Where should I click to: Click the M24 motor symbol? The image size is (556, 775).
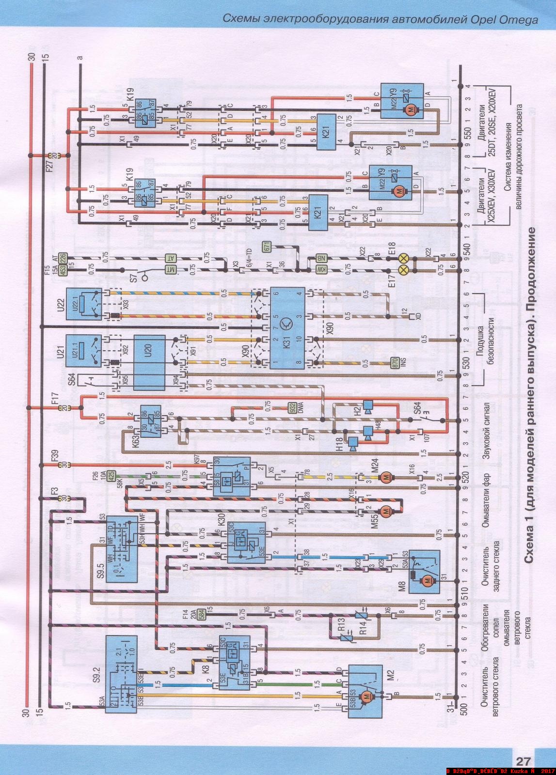tap(386, 478)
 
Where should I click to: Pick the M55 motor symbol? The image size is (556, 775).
tap(386, 511)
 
